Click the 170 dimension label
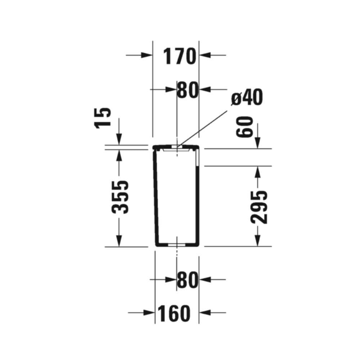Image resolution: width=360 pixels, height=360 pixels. (x=179, y=56)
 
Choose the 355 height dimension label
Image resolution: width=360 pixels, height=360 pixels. (x=120, y=197)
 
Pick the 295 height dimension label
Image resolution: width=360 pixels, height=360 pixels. (x=259, y=207)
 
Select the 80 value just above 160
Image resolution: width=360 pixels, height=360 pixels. (x=188, y=280)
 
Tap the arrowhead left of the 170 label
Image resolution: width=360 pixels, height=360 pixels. (x=147, y=55)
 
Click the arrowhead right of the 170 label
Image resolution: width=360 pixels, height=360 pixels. (x=205, y=55)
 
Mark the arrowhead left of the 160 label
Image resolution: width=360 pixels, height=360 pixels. (x=149, y=312)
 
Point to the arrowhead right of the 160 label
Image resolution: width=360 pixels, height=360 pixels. (x=205, y=312)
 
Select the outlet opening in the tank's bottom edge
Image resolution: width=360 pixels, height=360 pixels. (x=177, y=245)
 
